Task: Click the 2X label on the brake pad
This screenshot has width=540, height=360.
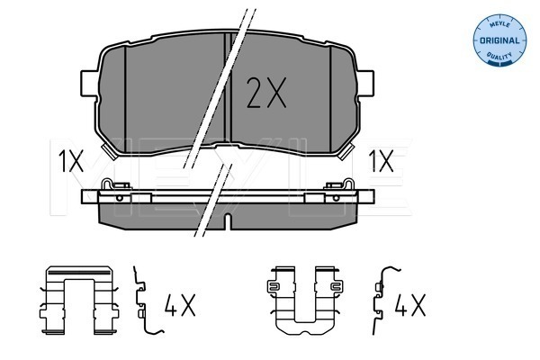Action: (266, 93)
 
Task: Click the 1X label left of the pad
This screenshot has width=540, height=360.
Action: (70, 161)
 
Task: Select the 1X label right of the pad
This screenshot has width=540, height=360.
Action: (381, 161)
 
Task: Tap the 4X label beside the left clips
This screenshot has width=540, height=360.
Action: (180, 305)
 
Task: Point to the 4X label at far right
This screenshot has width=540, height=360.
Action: (409, 305)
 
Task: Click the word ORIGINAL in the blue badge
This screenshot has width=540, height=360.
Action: (499, 40)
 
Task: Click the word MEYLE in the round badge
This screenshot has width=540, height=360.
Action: (499, 24)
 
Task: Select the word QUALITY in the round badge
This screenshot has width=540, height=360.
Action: (499, 56)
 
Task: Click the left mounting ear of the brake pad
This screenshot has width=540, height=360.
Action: (89, 84)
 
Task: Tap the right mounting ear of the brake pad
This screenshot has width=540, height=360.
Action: (365, 83)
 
